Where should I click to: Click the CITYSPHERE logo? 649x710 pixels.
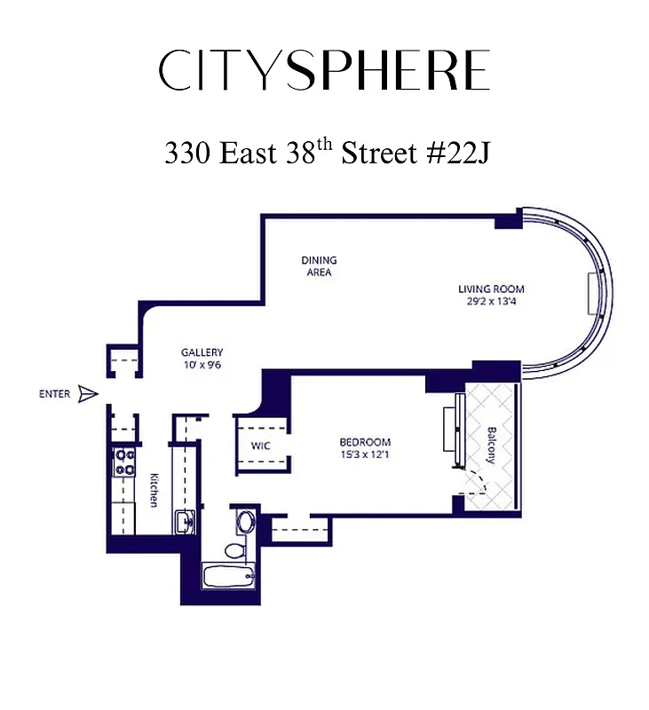pyautogui.click(x=324, y=70)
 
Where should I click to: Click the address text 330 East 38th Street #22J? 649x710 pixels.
pyautogui.click(x=327, y=152)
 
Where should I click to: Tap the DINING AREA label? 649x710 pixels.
pyautogui.click(x=319, y=266)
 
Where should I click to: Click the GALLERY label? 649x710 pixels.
pyautogui.click(x=202, y=352)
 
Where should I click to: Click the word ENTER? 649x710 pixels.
pyautogui.click(x=54, y=394)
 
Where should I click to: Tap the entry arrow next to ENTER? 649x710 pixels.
pyautogui.click(x=87, y=394)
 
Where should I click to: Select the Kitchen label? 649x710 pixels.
pyautogui.click(x=154, y=488)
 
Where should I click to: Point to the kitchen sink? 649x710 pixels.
pyautogui.click(x=184, y=521)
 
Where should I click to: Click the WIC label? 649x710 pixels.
pyautogui.click(x=260, y=444)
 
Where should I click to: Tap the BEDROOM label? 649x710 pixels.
pyautogui.click(x=365, y=442)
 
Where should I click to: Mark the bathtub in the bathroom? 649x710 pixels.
pyautogui.click(x=229, y=577)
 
